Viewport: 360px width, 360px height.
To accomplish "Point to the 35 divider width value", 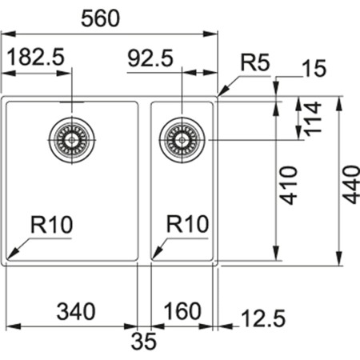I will [x=145, y=342].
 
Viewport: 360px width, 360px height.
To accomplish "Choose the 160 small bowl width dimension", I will [x=182, y=310].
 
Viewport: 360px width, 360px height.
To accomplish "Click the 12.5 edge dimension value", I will [x=262, y=319].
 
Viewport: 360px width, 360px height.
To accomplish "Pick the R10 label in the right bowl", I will [x=187, y=225].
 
